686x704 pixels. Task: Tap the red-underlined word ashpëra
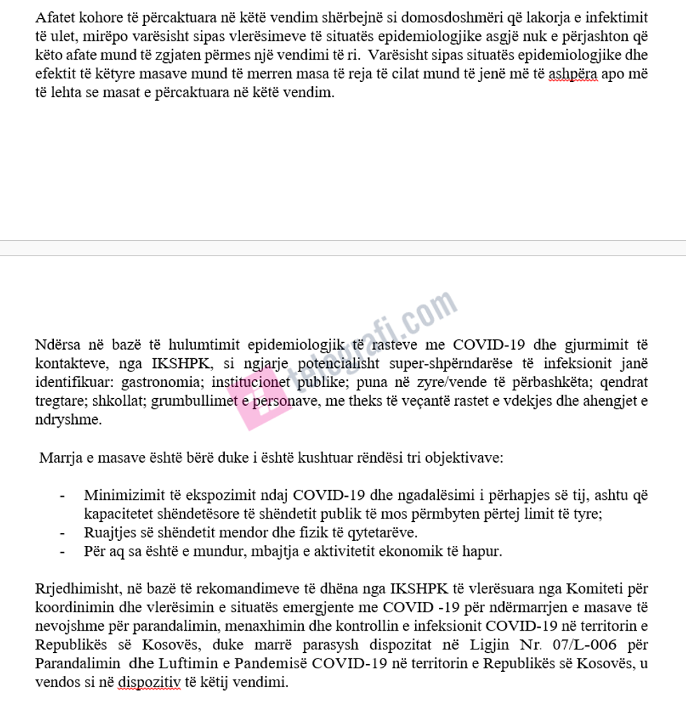click(573, 73)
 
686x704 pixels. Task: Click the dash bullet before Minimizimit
click(63, 496)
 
